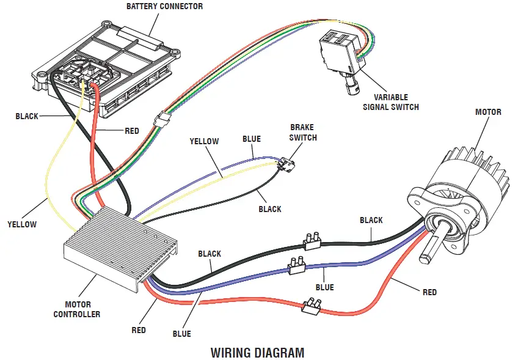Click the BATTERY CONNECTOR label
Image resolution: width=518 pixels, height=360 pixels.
click(164, 7)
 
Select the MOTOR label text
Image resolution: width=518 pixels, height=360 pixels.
click(488, 112)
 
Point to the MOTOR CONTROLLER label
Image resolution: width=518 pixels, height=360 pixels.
click(78, 309)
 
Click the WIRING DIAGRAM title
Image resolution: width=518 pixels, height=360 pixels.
click(257, 353)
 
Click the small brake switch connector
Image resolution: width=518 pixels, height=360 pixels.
click(285, 166)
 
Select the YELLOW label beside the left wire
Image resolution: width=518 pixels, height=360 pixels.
click(22, 224)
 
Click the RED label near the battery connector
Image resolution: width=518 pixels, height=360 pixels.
click(132, 131)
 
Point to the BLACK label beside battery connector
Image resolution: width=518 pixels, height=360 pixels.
click(27, 116)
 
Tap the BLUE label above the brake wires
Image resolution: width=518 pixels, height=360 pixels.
click(252, 139)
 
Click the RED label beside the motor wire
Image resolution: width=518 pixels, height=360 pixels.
click(429, 292)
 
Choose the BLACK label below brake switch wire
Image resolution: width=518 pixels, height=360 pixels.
click(269, 209)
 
